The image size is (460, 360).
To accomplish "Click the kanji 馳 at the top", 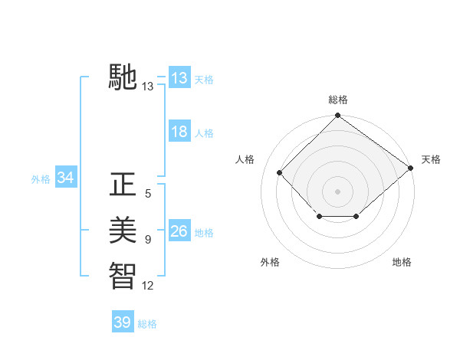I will coord(123,78).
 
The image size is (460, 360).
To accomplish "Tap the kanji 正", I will coord(123,186).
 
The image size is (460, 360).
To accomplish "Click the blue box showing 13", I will coord(179,78).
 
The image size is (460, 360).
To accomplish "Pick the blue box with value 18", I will coord(179,132).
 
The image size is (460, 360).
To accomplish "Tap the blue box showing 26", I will coord(179,231).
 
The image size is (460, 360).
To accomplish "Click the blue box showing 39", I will coord(122,322).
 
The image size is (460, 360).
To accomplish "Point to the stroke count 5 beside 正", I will coord(148,195).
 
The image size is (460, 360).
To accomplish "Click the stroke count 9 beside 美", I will coord(148,240).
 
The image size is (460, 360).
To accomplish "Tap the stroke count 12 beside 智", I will coord(148,285).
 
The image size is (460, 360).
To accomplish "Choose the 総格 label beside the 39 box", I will coord(147,324).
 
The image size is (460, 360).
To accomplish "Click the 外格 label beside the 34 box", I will coord(41,179).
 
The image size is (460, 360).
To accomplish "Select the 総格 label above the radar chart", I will coord(338,100).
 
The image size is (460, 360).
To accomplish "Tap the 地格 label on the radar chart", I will coord(402,262).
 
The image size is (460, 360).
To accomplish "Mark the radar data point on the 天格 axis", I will coord(411,168).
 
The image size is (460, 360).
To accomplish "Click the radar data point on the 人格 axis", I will coord(280,172).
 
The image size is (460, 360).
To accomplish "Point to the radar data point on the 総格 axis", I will coord(337,116).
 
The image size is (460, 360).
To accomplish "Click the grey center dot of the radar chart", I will coord(337,191).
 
